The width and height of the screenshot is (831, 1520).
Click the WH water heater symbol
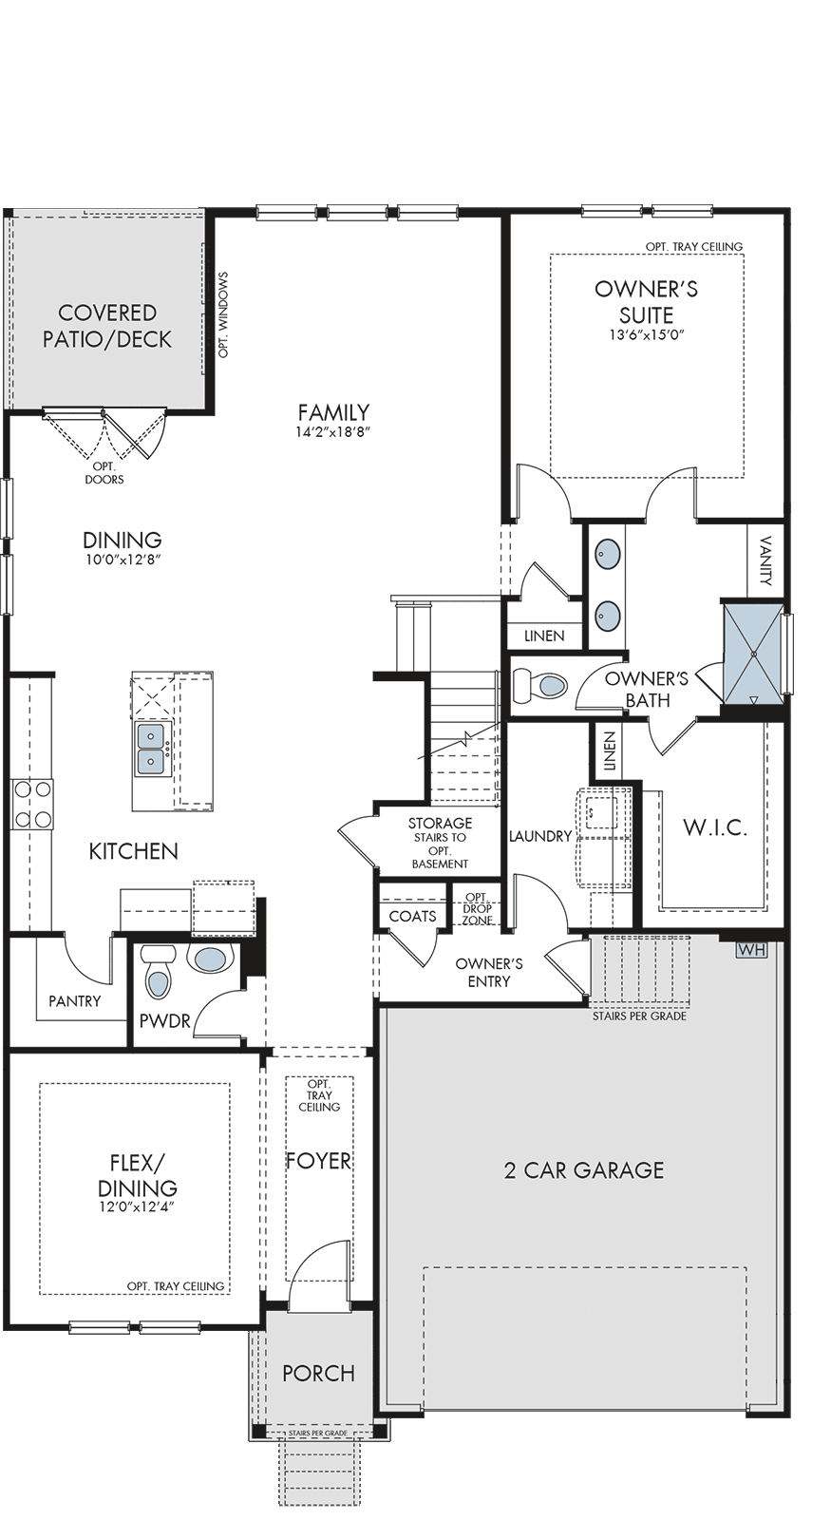751,949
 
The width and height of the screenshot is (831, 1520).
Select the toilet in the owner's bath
540,686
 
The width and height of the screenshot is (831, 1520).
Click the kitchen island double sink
151,750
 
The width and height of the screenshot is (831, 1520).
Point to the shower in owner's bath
752,655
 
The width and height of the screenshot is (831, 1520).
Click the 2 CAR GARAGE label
584,1169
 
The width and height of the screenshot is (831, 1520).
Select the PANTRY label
75,1001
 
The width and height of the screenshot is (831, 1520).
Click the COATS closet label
412,916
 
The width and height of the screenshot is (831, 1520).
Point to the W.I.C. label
715,827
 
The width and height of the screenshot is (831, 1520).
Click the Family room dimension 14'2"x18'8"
334,431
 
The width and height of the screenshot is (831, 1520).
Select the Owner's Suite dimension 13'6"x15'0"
646,334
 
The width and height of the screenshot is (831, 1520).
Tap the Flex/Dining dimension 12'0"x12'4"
138,1207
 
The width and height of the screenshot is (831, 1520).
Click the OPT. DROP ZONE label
478,908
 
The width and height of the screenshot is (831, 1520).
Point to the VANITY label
766,560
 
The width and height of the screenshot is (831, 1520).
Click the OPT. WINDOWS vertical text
224,314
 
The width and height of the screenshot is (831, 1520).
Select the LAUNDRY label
540,836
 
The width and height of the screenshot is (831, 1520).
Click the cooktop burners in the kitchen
32,805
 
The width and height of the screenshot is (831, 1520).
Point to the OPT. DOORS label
104,473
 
